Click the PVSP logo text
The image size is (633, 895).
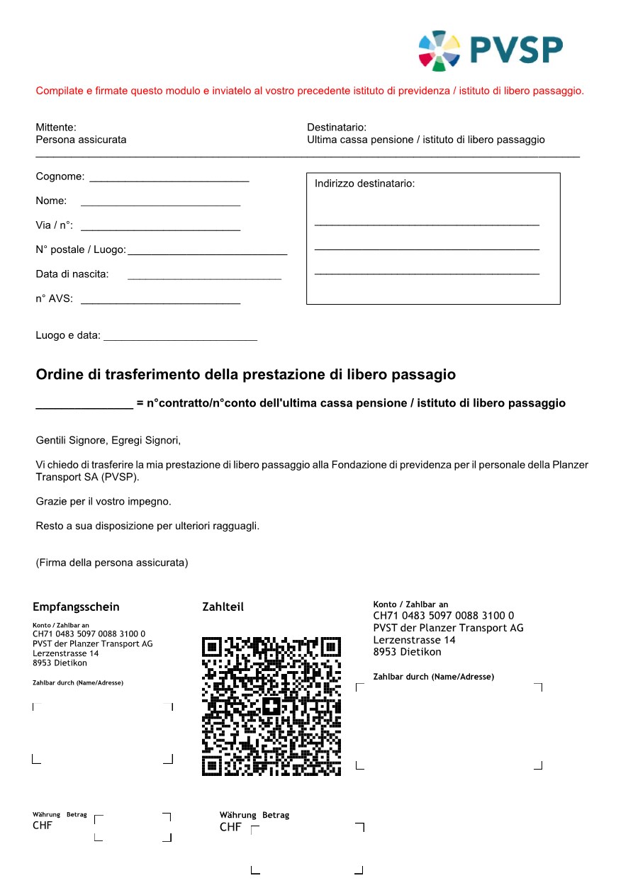pos(516,50)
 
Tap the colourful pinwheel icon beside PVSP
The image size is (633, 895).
pos(439,50)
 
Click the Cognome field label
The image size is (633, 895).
pos(60,176)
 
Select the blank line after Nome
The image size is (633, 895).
pos(160,205)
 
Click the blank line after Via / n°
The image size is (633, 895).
pos(160,229)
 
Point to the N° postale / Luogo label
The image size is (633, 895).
pos(81,250)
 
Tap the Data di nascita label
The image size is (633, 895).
pos(72,274)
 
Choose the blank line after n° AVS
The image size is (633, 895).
pos(160,303)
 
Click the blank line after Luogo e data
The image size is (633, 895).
pos(180,339)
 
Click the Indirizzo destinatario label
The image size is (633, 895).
pos(364,184)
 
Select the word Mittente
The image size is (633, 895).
pos(55,128)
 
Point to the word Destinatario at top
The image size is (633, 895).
pos(336,128)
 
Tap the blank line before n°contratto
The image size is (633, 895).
pos(84,407)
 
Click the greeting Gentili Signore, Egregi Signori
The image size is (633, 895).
pos(108,441)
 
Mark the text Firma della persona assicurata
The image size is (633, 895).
pos(112,563)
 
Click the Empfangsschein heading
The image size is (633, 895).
pos(76,607)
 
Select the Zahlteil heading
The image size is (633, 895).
pos(223,607)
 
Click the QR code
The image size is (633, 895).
pos(271,706)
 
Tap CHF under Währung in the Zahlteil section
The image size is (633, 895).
pos(230,827)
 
